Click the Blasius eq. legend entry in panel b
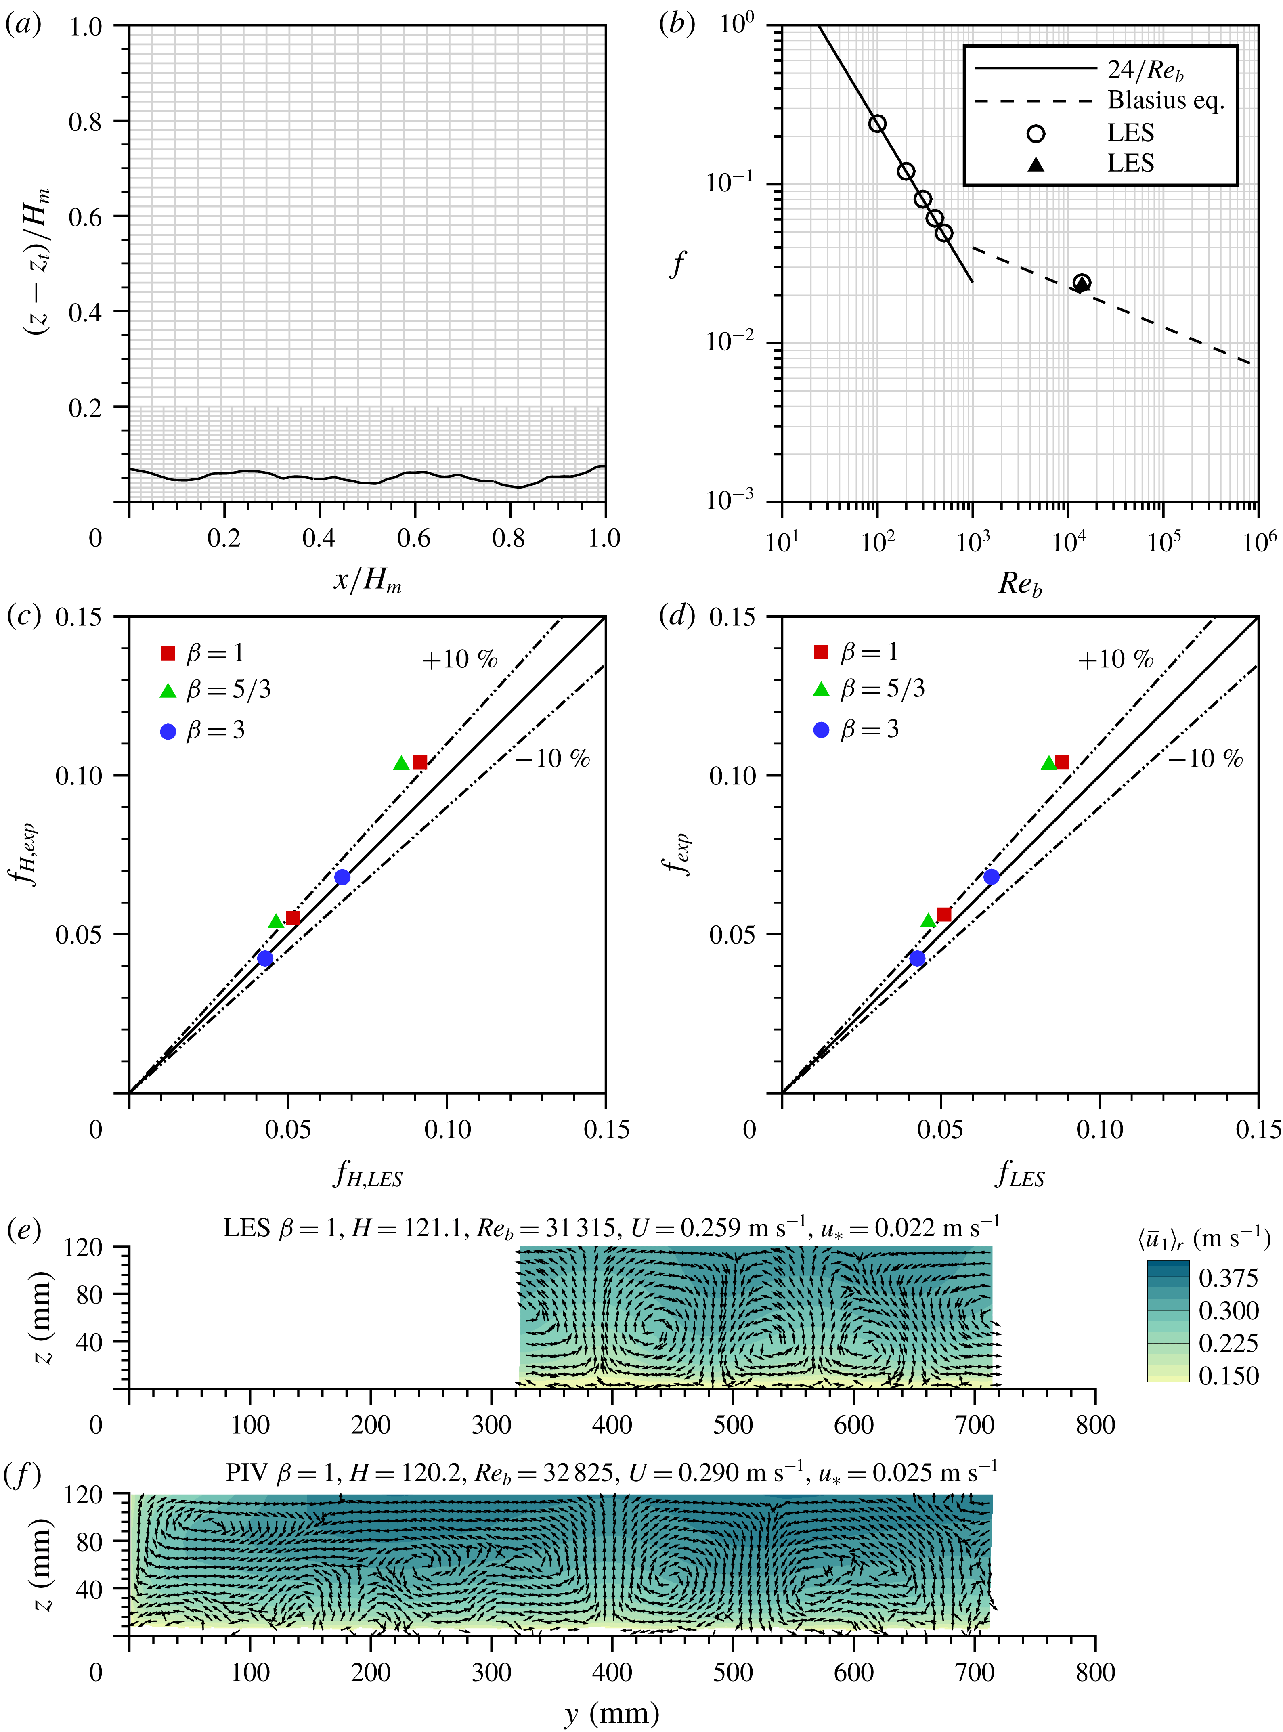coord(1165,100)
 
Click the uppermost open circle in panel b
coord(877,124)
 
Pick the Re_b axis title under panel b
coord(1020,583)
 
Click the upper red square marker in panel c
coord(420,762)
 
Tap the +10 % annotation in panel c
coord(459,659)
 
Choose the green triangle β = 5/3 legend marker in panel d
coord(821,689)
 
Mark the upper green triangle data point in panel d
coord(1048,763)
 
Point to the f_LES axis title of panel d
coord(1020,1174)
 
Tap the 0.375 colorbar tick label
coord(1228,1278)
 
